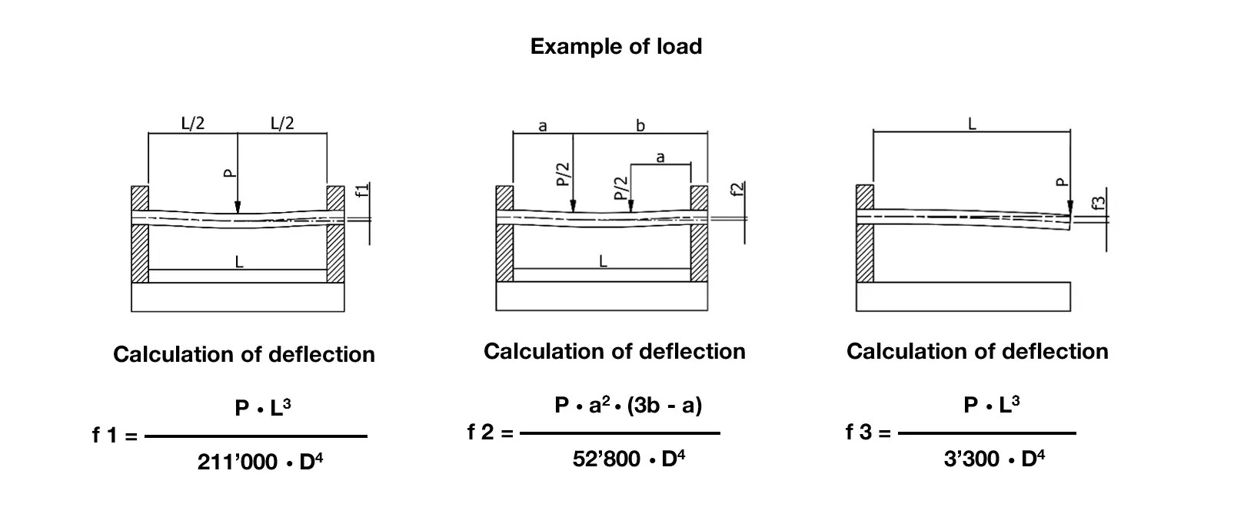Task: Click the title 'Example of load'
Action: coord(616,46)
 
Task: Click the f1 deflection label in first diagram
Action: coord(363,191)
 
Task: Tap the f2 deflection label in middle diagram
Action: coord(737,191)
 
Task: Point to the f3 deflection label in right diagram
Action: coord(1099,203)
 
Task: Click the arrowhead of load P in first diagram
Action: coord(238,207)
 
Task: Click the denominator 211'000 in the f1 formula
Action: coord(237,462)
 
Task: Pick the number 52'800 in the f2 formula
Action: coord(606,459)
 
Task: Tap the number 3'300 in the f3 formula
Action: coord(971,459)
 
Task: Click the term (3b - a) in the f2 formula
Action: coord(664,405)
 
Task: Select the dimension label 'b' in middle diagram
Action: coord(640,125)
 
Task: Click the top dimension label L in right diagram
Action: coord(971,124)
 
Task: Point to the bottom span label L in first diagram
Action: coord(238,262)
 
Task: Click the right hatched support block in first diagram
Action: coord(336,234)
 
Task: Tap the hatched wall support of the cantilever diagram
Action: coord(865,234)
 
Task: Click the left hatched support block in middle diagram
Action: coord(504,234)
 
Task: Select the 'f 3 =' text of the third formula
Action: coord(867,433)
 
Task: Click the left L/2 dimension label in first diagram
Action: coord(192,123)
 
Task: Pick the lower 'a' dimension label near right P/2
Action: coord(660,157)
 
